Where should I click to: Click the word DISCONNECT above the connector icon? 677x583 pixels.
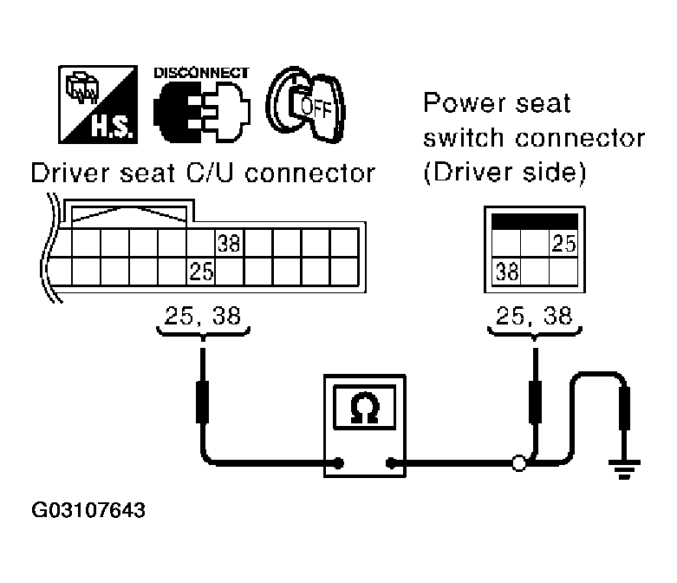pos(199,74)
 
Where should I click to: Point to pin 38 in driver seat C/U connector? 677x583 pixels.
pos(229,243)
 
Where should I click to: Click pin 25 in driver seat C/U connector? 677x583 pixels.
pos(201,271)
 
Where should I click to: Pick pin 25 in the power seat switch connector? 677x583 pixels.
pos(563,244)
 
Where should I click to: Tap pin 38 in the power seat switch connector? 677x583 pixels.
pos(507,272)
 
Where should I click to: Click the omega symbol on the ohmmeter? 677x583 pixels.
pos(364,409)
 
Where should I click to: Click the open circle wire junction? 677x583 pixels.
pos(519,463)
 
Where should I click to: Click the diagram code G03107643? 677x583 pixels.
pos(88,509)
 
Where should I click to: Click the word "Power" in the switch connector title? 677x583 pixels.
pos(459,104)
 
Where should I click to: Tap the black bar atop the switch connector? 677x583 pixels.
pos(534,220)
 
